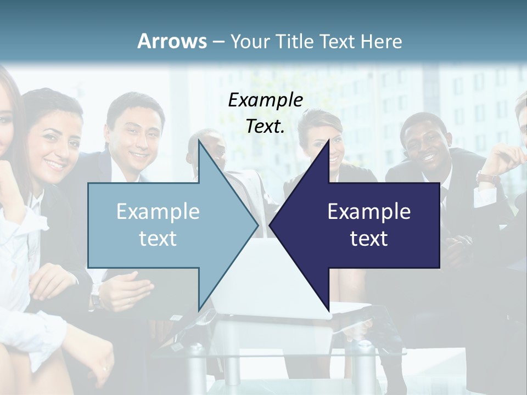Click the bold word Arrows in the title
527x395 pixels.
pos(172,41)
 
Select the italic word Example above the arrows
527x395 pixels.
pos(265,100)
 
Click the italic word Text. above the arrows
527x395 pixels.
pos(265,126)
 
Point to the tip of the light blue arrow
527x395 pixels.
pos(257,224)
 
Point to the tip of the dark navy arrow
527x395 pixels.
pos(270,224)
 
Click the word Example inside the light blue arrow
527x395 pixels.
pos(158,212)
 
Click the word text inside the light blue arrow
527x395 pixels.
pos(158,239)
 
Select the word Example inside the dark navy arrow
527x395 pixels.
pos(369,212)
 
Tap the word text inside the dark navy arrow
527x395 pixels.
pos(369,239)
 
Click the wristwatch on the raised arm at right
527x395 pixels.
pos(487,178)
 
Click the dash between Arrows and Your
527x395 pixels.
pos(218,42)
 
